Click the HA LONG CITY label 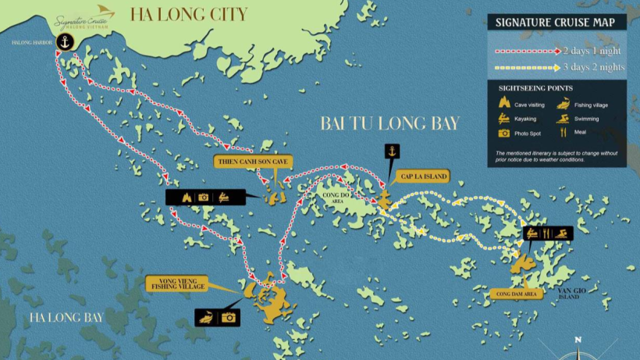tap(188, 14)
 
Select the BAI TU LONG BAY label tap(390, 123)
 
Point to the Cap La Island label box tap(422, 176)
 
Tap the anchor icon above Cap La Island tap(391, 151)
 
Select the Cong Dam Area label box tap(515, 294)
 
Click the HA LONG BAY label tap(67, 318)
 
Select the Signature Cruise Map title tap(554, 22)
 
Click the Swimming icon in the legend tap(563, 119)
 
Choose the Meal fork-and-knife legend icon tap(562, 133)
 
